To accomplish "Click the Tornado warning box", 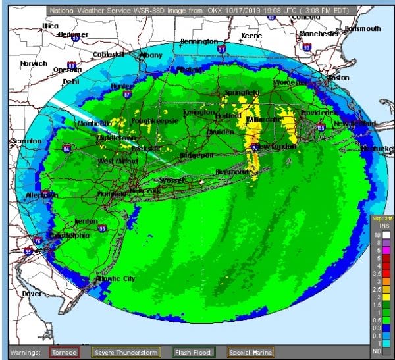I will click(66, 353).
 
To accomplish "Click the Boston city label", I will click(338, 78).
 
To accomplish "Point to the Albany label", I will click(151, 55).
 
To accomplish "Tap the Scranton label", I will click(26, 141).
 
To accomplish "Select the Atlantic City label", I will click(116, 279).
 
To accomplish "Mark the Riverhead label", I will click(232, 172).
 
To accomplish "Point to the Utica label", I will click(50, 26).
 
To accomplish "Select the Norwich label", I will click(33, 64).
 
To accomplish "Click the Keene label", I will click(251, 36).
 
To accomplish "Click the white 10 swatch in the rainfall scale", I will click(378, 235).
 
